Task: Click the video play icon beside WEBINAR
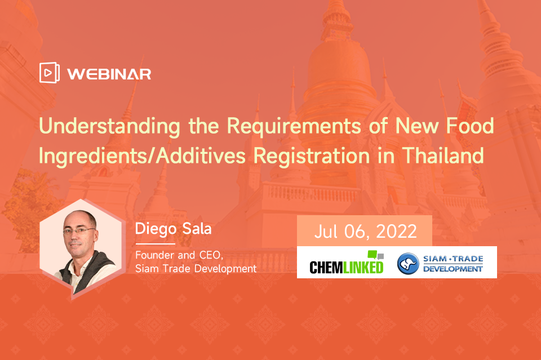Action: pos(50,73)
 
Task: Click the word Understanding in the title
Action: pos(109,127)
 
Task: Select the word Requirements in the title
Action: pos(294,127)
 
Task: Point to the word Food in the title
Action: pos(470,126)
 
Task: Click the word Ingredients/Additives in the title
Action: pos(142,156)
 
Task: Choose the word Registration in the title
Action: pos(312,156)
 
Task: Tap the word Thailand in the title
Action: pos(443,155)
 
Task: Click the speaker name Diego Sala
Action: pos(173,229)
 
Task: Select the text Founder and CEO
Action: pos(179,255)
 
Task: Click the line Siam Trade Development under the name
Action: pos(196,269)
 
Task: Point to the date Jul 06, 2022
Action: pos(365,232)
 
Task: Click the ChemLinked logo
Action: pos(347,263)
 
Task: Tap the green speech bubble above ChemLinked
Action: pos(373,255)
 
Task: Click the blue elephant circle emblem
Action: pos(408,264)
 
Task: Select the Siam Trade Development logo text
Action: pos(453,264)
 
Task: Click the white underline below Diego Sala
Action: pos(156,244)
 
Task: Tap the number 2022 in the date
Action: pos(396,232)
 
